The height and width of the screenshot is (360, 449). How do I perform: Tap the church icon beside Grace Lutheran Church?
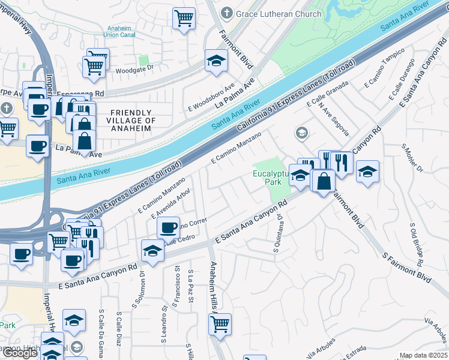[227, 12]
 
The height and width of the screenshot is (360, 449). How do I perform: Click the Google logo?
[20, 353]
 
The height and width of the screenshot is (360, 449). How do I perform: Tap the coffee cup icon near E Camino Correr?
[168, 227]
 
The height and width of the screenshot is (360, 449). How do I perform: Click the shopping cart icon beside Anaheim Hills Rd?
[220, 323]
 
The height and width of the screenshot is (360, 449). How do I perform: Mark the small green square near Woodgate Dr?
[143, 60]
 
